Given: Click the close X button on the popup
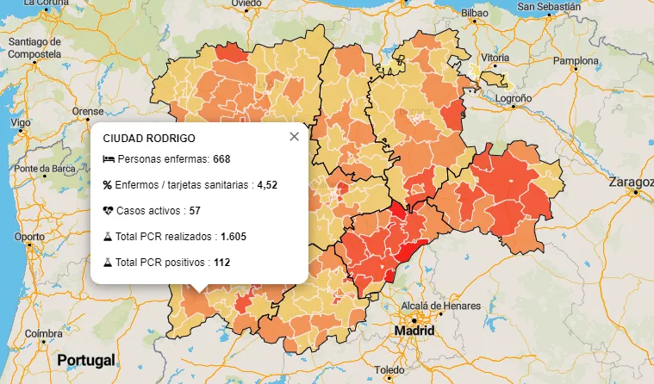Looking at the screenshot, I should click(294, 136).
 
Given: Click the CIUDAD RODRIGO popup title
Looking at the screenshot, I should click(148, 138).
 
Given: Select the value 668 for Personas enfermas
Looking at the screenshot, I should click(221, 159).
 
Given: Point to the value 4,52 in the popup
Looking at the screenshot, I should click(267, 184).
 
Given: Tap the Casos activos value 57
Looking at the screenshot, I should click(195, 210).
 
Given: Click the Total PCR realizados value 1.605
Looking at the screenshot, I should click(234, 236).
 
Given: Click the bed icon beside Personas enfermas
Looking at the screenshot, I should click(108, 159).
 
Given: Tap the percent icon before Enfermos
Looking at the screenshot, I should click(108, 184).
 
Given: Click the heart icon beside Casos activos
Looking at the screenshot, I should click(108, 210).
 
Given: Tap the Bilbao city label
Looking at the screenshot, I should click(475, 13).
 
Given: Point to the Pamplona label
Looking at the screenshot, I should click(576, 60).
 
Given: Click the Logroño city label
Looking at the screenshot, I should click(514, 98).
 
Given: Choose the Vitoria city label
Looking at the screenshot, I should click(495, 58).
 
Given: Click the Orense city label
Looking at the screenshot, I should click(87, 111).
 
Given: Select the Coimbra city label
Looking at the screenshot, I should click(43, 333).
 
